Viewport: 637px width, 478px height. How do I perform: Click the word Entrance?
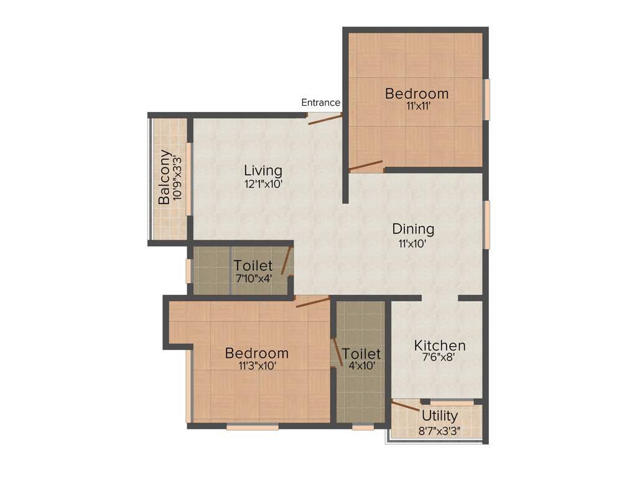tap(320, 103)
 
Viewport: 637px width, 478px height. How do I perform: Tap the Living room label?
tap(263, 170)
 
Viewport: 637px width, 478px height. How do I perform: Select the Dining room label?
tap(413, 229)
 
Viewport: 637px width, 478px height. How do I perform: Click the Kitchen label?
tap(440, 345)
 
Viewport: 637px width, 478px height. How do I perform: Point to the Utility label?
tap(440, 416)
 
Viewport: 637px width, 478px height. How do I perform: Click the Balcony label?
tap(164, 177)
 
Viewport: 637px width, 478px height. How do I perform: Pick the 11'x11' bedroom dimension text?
tap(416, 106)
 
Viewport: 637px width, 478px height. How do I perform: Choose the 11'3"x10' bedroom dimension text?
tap(257, 366)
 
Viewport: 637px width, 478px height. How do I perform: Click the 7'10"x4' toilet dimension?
tap(253, 278)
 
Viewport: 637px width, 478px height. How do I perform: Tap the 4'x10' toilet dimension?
tap(361, 366)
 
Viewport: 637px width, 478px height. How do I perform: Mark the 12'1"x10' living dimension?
tap(263, 184)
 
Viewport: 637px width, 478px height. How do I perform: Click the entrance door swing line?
tap(325, 119)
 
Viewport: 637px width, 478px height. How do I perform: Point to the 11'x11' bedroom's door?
tap(366, 166)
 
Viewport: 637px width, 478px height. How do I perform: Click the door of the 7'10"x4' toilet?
tap(286, 260)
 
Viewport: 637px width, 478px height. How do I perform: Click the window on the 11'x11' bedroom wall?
tap(487, 98)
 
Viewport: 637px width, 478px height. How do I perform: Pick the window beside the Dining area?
tap(487, 224)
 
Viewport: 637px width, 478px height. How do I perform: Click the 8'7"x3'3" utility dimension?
tap(440, 429)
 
